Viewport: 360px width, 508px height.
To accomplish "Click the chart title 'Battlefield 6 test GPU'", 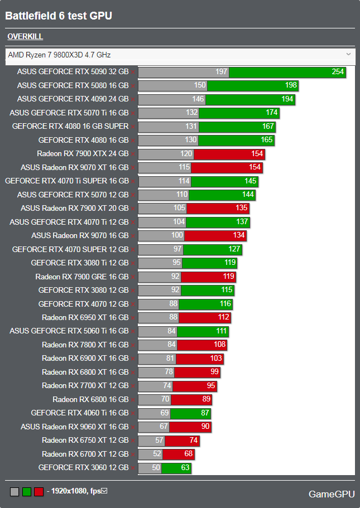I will click(59, 16).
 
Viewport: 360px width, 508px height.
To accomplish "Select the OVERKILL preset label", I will click(25, 37).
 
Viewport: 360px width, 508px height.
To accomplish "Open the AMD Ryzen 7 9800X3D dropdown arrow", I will click(348, 54).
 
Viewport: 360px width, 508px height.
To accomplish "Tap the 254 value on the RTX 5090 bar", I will click(337, 72).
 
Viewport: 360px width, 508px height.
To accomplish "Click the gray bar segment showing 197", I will click(184, 72).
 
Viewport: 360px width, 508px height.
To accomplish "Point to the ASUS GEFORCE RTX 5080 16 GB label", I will click(73, 85).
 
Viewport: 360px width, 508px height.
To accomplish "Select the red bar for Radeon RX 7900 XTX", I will click(229, 154).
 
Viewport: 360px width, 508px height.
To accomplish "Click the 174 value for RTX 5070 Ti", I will click(271, 113).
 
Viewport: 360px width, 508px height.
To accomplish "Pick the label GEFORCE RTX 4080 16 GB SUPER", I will click(70, 127).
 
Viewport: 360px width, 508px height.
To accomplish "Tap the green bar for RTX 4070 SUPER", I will click(212, 249).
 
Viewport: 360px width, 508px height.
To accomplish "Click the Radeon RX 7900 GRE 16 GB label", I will click(81, 277).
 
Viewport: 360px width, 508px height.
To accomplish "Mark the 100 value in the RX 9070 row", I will click(177, 236).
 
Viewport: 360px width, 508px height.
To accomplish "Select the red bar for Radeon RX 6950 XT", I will click(204, 318).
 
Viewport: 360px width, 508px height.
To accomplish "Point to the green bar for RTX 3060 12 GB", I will click(176, 468).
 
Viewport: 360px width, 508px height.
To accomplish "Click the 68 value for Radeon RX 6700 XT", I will click(188, 454).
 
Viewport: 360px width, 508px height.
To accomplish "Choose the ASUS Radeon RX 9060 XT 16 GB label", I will click(74, 427).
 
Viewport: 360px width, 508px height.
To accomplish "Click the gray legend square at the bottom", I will click(15, 491).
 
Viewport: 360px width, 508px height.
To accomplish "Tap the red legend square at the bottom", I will click(39, 491).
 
